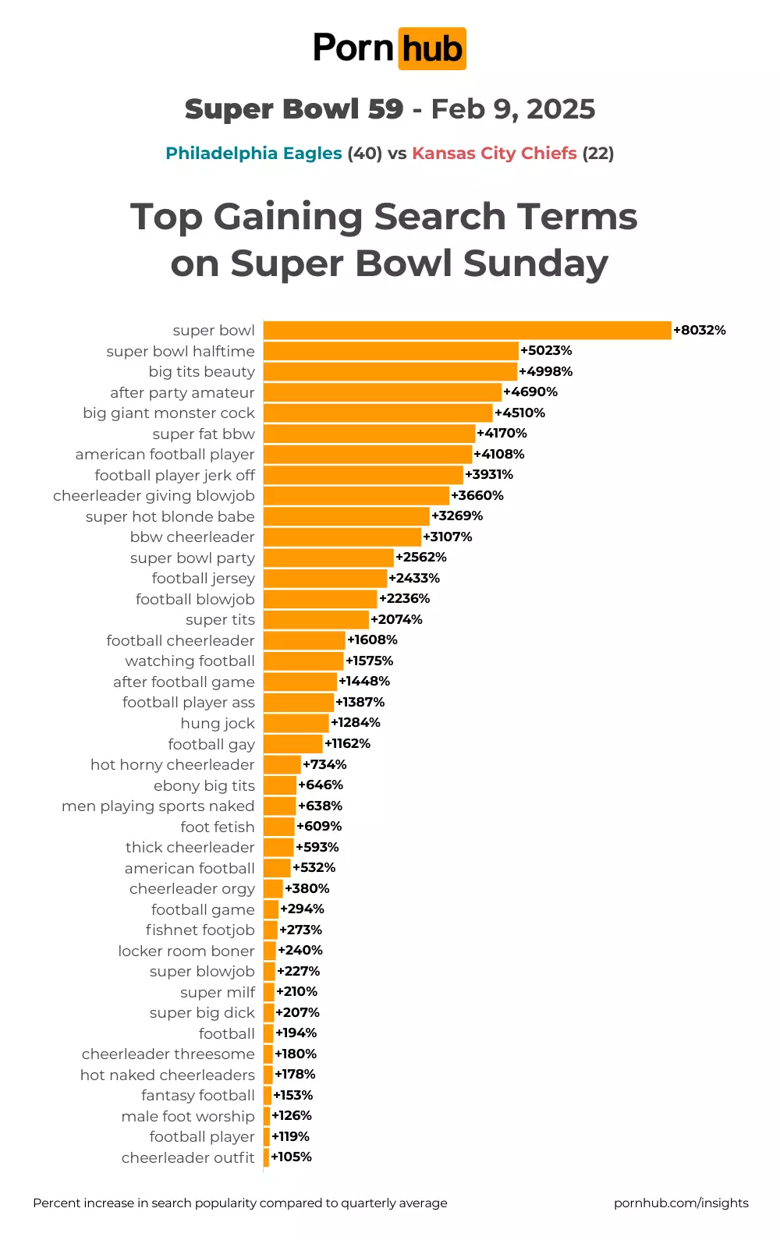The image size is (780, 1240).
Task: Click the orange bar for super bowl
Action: click(467, 331)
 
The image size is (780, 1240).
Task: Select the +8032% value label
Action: click(700, 331)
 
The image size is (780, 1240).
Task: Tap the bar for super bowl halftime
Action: click(391, 351)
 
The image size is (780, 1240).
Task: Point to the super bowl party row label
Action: click(193, 558)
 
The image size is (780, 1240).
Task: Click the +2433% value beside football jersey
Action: click(414, 579)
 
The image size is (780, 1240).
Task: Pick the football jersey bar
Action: click(325, 579)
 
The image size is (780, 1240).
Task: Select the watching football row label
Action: click(190, 661)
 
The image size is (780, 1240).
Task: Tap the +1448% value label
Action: click(364, 682)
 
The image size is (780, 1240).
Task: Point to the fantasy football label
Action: click(198, 1096)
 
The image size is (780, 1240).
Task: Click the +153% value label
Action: click(293, 1096)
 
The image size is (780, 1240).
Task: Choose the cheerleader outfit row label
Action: click(188, 1158)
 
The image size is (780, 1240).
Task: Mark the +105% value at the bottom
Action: click(292, 1157)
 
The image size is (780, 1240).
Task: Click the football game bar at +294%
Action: click(271, 909)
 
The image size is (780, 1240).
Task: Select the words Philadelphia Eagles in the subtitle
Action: click(253, 154)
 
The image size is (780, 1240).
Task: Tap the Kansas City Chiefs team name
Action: click(495, 154)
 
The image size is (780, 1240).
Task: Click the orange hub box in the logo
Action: click(432, 49)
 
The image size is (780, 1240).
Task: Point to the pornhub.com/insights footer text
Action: click(681, 1203)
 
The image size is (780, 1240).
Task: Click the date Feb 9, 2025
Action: click(513, 110)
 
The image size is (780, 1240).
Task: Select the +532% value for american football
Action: click(314, 868)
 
